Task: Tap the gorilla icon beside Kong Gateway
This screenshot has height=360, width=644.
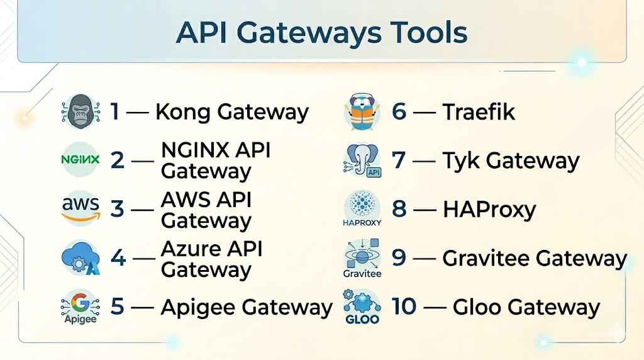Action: (x=80, y=111)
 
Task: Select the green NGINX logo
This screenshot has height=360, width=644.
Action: (x=80, y=159)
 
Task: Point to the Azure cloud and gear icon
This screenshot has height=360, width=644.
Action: (x=81, y=257)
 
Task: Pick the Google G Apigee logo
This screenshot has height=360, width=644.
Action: (x=80, y=307)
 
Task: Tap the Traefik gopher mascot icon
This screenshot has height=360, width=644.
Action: (x=362, y=111)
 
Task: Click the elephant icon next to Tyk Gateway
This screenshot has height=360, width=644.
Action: (x=362, y=160)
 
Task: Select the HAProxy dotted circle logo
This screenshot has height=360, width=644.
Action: (x=362, y=208)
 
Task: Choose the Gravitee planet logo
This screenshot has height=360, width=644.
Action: (x=362, y=258)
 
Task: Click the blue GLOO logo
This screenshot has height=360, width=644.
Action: (x=362, y=307)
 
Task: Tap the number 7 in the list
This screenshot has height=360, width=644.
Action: (x=398, y=160)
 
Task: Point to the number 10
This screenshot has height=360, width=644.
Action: (x=404, y=307)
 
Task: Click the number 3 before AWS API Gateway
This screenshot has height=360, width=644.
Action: (x=117, y=209)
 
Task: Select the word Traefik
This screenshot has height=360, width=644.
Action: (x=479, y=111)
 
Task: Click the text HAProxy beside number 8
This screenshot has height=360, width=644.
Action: (x=489, y=209)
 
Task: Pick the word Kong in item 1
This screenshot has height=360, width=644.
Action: (x=183, y=112)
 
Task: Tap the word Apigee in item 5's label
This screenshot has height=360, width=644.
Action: (x=198, y=308)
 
